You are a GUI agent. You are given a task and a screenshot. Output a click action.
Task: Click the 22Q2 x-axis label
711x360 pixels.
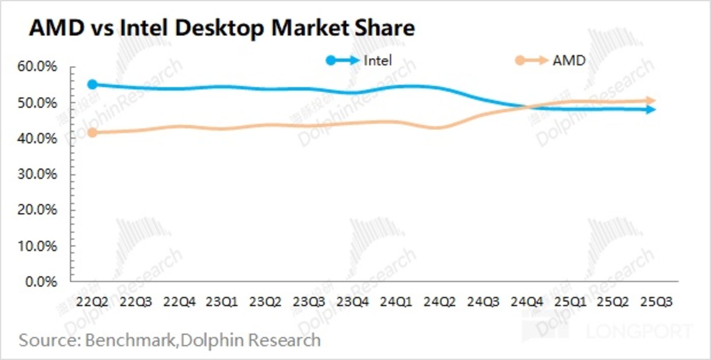92,302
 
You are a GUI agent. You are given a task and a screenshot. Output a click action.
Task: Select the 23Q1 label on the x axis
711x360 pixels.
222,302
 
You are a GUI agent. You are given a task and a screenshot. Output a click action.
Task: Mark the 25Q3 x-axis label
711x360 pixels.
657,302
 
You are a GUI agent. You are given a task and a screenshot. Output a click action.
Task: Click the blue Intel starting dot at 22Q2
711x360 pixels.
92,84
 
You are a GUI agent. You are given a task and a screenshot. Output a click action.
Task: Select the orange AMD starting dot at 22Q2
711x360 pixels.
92,133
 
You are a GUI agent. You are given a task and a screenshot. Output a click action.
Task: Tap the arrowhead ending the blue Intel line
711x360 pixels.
651,109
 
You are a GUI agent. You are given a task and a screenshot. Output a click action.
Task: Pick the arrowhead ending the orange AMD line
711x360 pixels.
651,101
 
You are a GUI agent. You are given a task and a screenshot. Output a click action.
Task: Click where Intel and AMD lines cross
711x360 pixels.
528,107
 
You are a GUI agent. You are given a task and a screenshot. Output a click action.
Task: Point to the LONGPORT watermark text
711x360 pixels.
639,332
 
